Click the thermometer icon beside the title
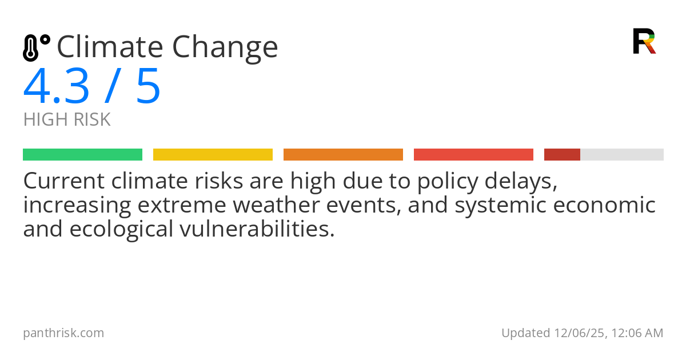[x=36, y=47]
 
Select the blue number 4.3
[x=57, y=87]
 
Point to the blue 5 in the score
[x=148, y=87]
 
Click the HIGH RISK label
[x=67, y=120]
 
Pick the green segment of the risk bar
[x=82, y=155]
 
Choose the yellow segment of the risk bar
[x=213, y=155]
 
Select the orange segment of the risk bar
[x=343, y=155]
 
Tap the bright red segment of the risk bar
[x=473, y=155]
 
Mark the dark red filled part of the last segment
[x=562, y=155]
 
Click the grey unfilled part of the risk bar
[x=622, y=155]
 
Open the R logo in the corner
[x=644, y=41]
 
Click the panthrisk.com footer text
[x=63, y=333]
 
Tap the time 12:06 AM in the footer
[x=637, y=333]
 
